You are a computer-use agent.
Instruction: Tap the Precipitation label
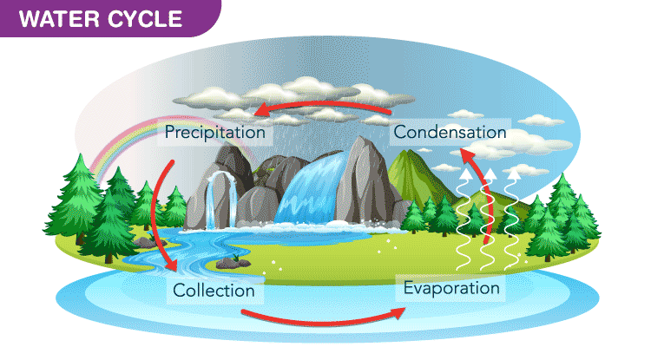(x=214, y=133)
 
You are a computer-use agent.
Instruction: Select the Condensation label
(x=449, y=133)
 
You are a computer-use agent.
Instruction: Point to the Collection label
(x=214, y=290)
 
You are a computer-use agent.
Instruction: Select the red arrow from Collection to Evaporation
(x=321, y=313)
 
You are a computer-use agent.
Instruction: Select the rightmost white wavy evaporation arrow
(x=515, y=217)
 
